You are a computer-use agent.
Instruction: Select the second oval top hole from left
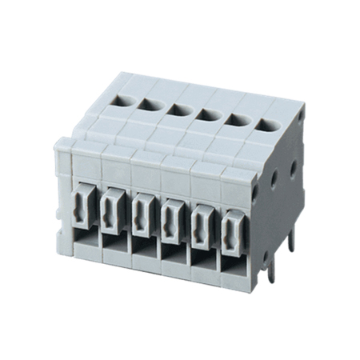[149, 102]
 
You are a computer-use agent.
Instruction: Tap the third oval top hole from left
[177, 110]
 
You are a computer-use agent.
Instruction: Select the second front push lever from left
[114, 212]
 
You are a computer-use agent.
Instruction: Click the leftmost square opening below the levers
[86, 240]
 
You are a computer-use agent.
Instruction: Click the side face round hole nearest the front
[255, 192]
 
